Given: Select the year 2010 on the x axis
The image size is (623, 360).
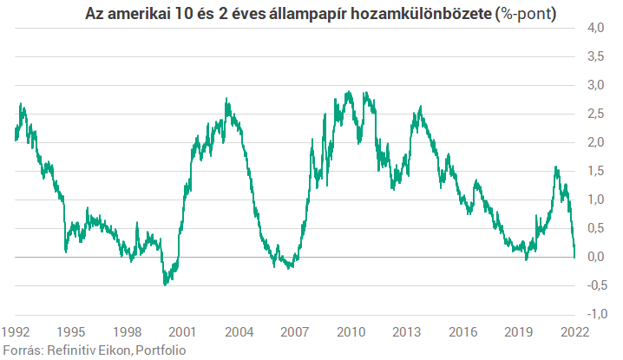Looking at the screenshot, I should [x=350, y=331].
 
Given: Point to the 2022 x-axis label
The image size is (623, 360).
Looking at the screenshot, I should [x=573, y=331].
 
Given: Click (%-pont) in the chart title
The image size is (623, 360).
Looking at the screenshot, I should [x=526, y=16].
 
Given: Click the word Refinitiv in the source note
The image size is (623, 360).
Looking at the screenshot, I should [x=73, y=350].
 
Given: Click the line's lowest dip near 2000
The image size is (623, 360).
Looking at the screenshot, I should [x=165, y=284].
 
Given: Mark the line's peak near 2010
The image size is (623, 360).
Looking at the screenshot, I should [x=349, y=92].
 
